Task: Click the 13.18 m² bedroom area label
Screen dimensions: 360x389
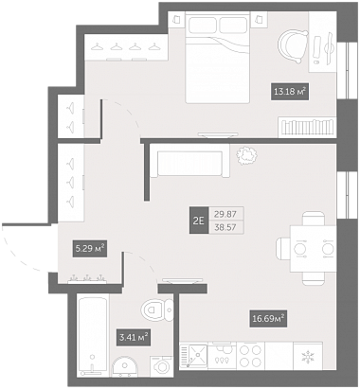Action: (290, 92)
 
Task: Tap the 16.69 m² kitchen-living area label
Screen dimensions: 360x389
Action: (268, 318)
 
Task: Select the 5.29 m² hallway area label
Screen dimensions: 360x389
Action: (89, 249)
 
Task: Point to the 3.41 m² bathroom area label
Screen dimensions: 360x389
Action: (133, 337)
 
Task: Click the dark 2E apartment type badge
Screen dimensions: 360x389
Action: (199, 221)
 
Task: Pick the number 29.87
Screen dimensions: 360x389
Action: (225, 214)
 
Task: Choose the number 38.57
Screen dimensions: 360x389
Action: (225, 227)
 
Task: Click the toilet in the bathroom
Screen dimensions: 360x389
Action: (157, 309)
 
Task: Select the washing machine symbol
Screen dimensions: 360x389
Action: (162, 366)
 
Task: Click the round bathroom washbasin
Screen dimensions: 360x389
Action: (125, 366)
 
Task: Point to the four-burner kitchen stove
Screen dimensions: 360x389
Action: (250, 356)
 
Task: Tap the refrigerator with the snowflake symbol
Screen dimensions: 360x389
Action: (308, 356)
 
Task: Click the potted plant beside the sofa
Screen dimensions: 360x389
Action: (246, 156)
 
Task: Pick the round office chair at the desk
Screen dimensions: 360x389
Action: (293, 46)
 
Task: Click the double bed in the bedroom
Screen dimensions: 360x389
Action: (218, 58)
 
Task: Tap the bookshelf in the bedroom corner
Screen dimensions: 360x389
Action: (307, 127)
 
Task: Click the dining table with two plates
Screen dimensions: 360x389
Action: (313, 249)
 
